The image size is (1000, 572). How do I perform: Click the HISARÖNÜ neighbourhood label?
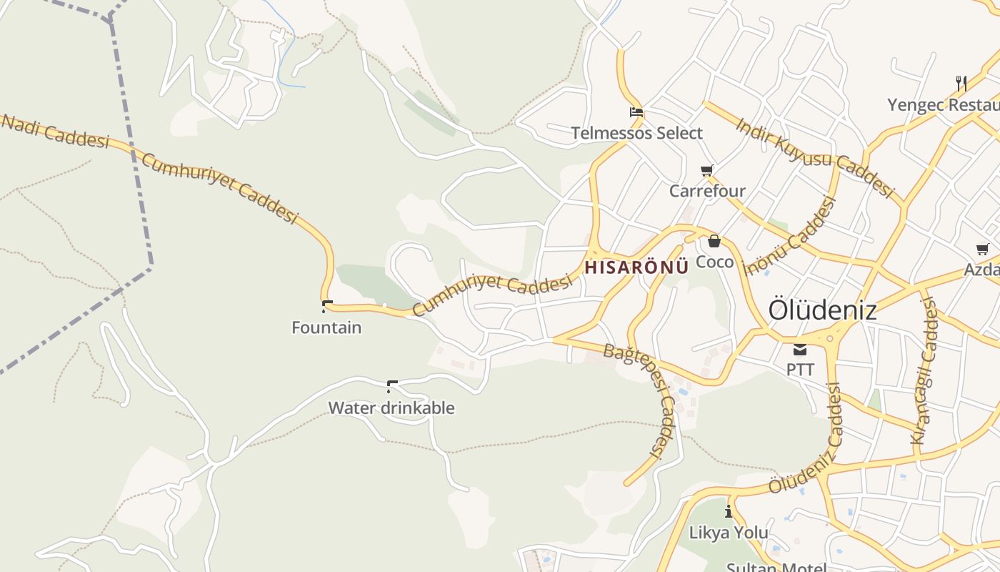click(636, 267)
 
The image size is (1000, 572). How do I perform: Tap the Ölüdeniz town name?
click(822, 310)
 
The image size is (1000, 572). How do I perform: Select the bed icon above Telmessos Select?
click(636, 112)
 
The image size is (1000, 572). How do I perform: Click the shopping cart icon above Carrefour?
click(707, 170)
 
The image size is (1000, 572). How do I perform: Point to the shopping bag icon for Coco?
click(714, 241)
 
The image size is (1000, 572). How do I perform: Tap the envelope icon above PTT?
click(799, 350)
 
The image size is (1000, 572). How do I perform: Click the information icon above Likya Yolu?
click(729, 511)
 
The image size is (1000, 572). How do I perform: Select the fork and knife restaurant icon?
click(961, 84)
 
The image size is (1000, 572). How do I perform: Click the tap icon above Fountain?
click(327, 306)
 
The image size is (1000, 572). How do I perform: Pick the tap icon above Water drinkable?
click(391, 387)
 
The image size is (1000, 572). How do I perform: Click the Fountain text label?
click(326, 327)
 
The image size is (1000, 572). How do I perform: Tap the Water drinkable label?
click(391, 408)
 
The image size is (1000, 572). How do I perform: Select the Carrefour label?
click(707, 191)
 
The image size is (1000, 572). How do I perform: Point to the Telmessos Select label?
click(636, 133)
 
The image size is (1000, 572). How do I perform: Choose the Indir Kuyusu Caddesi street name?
click(814, 157)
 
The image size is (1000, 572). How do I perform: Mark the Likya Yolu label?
click(729, 533)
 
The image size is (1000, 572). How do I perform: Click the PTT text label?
click(800, 370)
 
